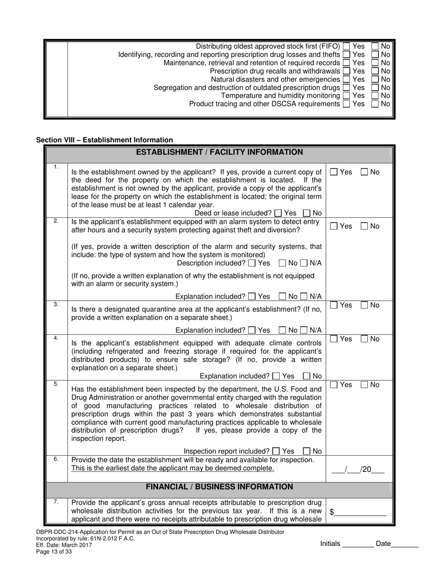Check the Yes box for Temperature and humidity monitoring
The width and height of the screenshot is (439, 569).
click(x=346, y=96)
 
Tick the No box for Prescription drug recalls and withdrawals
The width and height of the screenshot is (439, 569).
click(x=375, y=71)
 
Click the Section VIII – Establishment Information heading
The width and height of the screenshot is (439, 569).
click(x=104, y=140)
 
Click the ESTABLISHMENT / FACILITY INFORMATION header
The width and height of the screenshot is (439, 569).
click(x=219, y=153)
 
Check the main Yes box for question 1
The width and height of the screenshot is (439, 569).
click(x=334, y=172)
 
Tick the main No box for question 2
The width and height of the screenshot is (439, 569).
click(x=364, y=226)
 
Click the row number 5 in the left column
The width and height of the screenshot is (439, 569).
click(x=56, y=384)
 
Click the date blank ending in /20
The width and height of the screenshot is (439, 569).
click(x=358, y=470)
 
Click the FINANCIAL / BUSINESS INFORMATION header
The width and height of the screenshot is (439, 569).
click(x=219, y=487)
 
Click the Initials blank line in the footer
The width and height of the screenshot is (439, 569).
click(x=358, y=544)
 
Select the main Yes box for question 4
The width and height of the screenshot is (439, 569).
click(x=334, y=340)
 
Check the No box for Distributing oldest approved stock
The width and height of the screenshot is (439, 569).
click(x=375, y=46)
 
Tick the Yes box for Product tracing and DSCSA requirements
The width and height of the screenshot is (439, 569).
click(x=346, y=104)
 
